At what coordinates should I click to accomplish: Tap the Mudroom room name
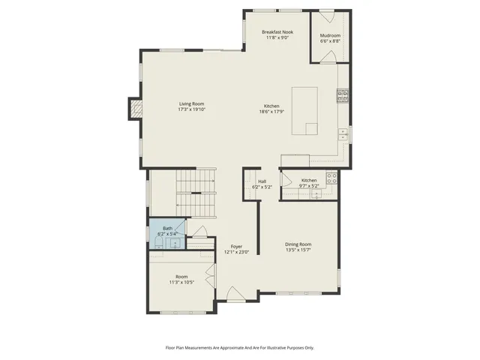(330, 35)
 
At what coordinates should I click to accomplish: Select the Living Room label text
(191, 104)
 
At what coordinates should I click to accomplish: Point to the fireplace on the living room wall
(134, 109)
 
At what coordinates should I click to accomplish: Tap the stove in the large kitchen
(342, 94)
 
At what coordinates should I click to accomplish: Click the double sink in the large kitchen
(342, 134)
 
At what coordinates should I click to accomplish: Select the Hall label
(262, 181)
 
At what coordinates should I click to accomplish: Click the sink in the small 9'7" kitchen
(316, 194)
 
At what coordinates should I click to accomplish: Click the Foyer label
(236, 246)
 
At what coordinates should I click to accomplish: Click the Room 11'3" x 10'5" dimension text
(181, 282)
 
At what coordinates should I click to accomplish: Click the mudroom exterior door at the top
(327, 16)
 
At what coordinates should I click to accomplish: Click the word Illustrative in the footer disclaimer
(269, 347)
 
